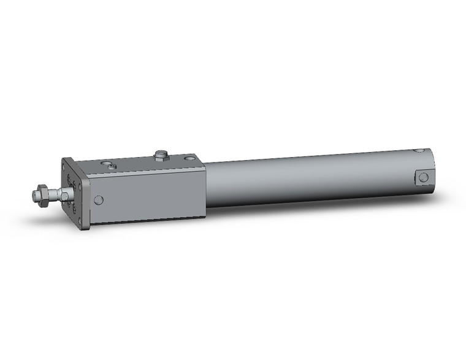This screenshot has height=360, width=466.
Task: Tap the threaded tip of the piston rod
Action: tap(35, 196)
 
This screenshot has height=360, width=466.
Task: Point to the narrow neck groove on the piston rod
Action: tap(55, 195)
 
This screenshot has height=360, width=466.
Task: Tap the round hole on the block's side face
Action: tap(98, 199)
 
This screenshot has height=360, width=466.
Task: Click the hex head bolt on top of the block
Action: tap(161, 154)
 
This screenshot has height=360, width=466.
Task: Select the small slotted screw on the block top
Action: tap(110, 164)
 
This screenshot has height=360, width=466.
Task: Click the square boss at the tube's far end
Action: tap(423, 177)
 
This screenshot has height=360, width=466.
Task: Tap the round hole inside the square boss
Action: tap(423, 177)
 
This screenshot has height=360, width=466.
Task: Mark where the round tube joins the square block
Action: tap(206, 184)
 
